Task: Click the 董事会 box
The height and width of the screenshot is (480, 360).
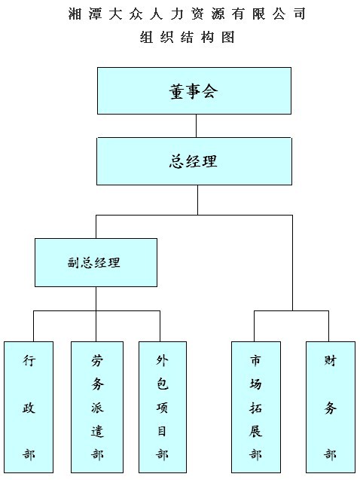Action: pyautogui.click(x=194, y=91)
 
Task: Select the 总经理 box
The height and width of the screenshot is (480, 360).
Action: pyautogui.click(x=194, y=161)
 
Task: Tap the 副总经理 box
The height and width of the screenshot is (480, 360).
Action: pyautogui.click(x=96, y=263)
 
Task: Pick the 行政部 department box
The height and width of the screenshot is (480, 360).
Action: pyautogui.click(x=29, y=407)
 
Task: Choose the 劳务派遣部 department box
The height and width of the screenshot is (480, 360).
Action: pyautogui.click(x=97, y=407)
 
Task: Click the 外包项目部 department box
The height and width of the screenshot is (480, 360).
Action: pyautogui.click(x=163, y=407)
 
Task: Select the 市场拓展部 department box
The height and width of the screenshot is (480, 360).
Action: pyautogui.click(x=256, y=407)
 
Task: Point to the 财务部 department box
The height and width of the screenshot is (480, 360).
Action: pyautogui.click(x=331, y=407)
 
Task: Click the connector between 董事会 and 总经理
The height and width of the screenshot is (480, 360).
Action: pyautogui.click(x=196, y=126)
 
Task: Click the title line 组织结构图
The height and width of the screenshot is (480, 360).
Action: pyautogui.click(x=188, y=38)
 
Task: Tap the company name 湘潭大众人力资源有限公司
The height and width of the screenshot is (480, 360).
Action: pyautogui.click(x=187, y=14)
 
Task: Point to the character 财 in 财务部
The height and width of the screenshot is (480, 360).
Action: pyautogui.click(x=331, y=360)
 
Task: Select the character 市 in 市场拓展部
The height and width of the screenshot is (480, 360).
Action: pyautogui.click(x=256, y=360)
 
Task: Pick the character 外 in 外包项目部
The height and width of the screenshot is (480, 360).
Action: pyautogui.click(x=163, y=361)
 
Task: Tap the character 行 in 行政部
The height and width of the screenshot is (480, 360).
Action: pyautogui.click(x=29, y=361)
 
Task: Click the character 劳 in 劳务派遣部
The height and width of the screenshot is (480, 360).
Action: pyautogui.click(x=97, y=361)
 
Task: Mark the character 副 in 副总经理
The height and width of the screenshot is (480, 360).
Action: pyautogui.click(x=74, y=263)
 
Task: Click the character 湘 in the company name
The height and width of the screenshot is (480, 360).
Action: pyautogui.click(x=75, y=14)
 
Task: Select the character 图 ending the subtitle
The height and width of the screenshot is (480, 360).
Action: pyautogui.click(x=228, y=38)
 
